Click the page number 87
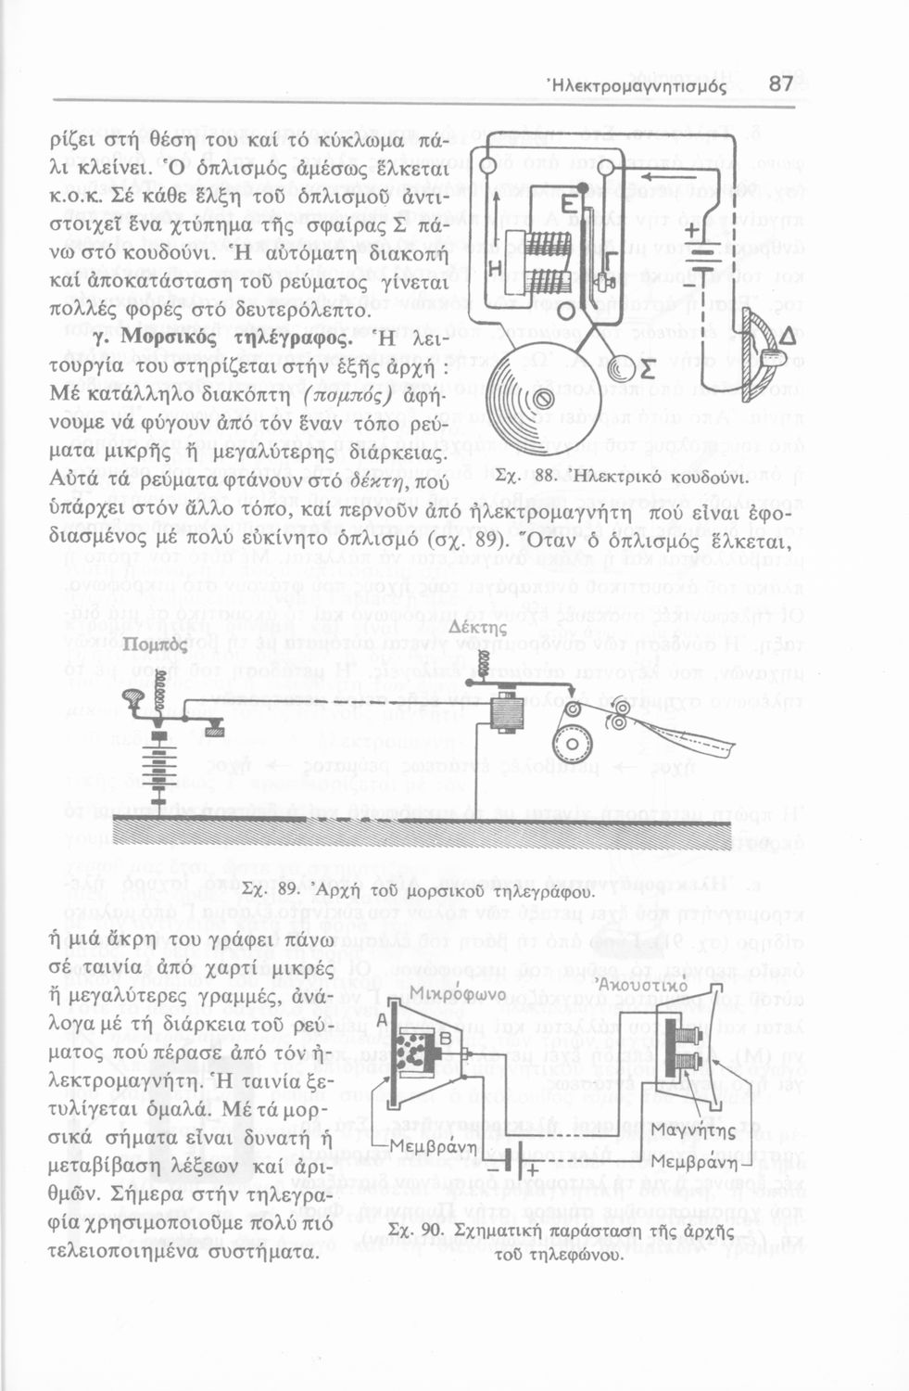[780, 83]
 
